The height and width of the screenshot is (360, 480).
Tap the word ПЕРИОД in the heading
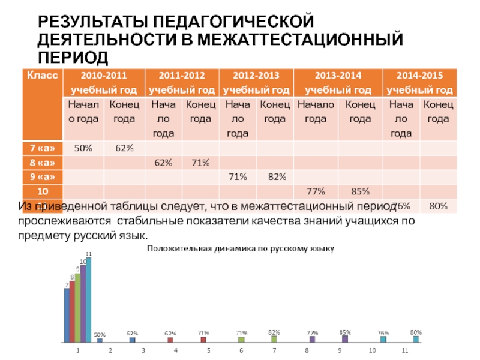click(74, 58)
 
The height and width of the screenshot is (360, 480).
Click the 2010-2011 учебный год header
click(104, 83)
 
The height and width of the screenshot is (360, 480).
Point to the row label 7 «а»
click(41, 148)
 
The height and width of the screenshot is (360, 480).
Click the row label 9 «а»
click(41, 177)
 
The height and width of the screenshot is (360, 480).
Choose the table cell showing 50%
click(83, 148)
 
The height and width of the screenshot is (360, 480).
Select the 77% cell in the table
click(316, 192)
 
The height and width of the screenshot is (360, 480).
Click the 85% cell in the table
click(359, 192)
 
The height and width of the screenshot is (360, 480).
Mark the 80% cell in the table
click(438, 206)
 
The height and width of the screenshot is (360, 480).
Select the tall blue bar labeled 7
click(67, 314)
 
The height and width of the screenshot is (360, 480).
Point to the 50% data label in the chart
click(100, 335)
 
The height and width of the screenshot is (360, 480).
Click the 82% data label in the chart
click(274, 332)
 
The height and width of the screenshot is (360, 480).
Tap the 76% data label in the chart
click(383, 333)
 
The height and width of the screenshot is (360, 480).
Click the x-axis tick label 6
click(241, 350)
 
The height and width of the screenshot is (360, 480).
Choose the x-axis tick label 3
click(143, 350)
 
